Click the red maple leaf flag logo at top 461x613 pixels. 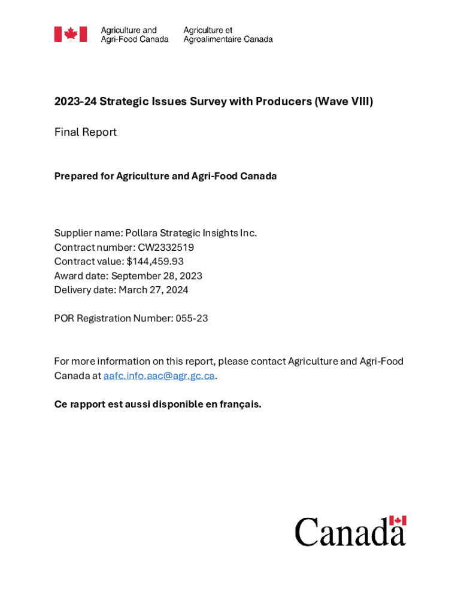pos(71,34)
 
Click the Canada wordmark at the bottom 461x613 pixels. pos(350,532)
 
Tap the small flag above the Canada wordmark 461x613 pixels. pos(398,521)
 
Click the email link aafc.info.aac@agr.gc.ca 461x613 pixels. pos(159,376)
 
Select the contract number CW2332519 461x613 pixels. pos(166,247)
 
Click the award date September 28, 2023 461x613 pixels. pos(157,276)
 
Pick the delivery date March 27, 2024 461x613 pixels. pos(153,290)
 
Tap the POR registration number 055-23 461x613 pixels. pos(192,318)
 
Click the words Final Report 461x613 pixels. pos(85,132)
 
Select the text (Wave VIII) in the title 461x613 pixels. pos(344,102)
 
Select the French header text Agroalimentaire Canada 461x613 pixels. pos(228,40)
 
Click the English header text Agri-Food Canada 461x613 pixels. pos(134,40)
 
